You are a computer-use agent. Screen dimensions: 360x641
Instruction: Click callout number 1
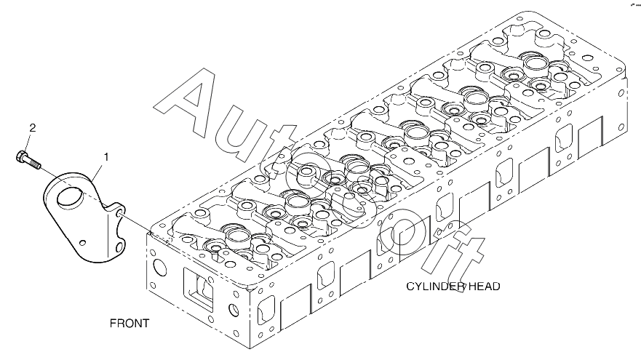tap(106, 156)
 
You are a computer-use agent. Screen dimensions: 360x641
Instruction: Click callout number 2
tap(32, 129)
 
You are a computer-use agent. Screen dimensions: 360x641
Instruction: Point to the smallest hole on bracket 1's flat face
tap(84, 243)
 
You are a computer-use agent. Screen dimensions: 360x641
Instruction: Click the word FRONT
tap(130, 322)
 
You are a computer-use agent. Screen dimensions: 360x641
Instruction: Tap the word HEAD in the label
tap(484, 287)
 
